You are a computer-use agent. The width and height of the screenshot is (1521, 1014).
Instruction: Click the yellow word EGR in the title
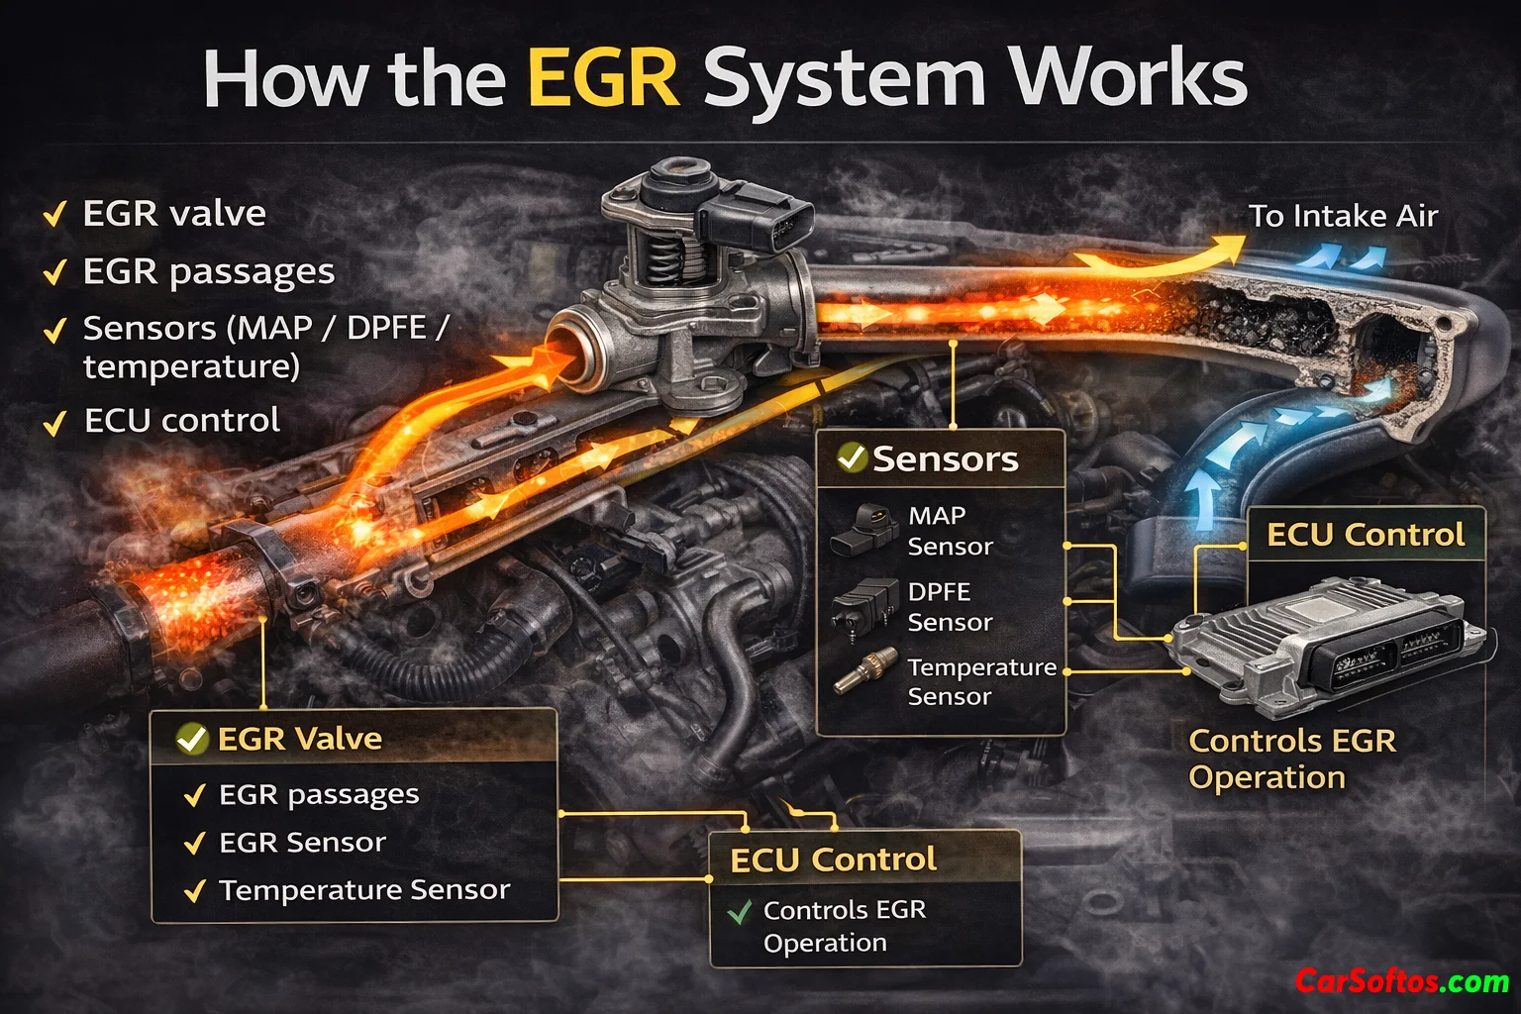click(603, 79)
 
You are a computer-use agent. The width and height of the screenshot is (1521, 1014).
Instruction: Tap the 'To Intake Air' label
click(1342, 216)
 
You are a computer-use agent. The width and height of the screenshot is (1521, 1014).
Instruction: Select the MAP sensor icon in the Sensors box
click(864, 530)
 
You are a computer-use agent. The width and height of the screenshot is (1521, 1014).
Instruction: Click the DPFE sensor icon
click(864, 605)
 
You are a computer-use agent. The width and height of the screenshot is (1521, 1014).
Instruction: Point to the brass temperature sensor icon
click(864, 672)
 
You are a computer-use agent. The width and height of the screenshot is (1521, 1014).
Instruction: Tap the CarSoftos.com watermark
click(1402, 981)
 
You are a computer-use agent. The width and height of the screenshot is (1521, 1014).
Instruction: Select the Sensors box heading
click(944, 459)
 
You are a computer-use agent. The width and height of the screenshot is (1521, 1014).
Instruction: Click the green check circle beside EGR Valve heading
click(191, 739)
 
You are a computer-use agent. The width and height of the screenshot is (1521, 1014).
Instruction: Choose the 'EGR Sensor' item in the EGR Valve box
click(301, 843)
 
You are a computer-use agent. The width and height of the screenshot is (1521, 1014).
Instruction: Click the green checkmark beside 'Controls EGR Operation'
click(739, 911)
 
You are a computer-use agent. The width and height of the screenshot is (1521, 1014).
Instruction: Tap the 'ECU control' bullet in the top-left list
click(181, 421)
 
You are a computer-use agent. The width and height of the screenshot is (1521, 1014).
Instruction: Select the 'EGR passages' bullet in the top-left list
click(208, 272)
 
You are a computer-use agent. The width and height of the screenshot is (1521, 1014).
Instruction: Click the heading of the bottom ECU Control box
click(833, 860)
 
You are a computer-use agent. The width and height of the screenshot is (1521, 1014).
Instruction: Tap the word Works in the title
click(1126, 79)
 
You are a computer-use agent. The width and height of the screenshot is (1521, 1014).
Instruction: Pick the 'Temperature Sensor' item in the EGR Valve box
click(363, 890)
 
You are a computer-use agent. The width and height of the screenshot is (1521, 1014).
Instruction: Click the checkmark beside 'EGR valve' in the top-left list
click(54, 214)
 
